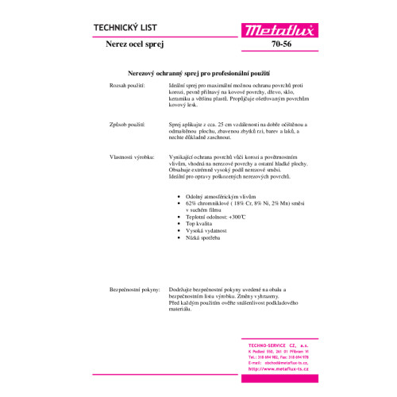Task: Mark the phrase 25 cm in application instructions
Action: coord(221,125)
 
